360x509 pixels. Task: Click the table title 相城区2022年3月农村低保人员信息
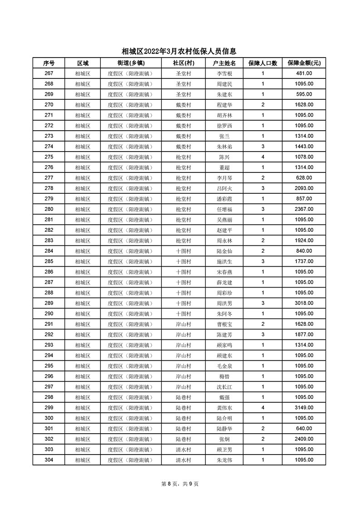coord(179,52)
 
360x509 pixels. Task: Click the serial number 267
coord(49,73)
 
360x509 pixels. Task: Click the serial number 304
coord(49,460)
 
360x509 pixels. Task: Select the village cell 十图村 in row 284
coord(183,251)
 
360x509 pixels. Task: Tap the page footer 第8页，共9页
coord(180,484)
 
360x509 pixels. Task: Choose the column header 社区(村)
coord(183,63)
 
